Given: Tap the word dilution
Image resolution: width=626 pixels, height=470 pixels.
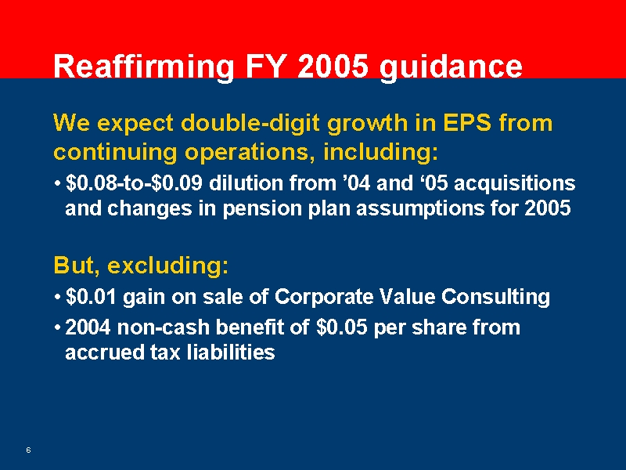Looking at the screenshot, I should [243, 183].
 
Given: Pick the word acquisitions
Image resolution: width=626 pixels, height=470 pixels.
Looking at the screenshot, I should [515, 183].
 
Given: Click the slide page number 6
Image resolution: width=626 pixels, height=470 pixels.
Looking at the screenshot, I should [28, 450].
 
